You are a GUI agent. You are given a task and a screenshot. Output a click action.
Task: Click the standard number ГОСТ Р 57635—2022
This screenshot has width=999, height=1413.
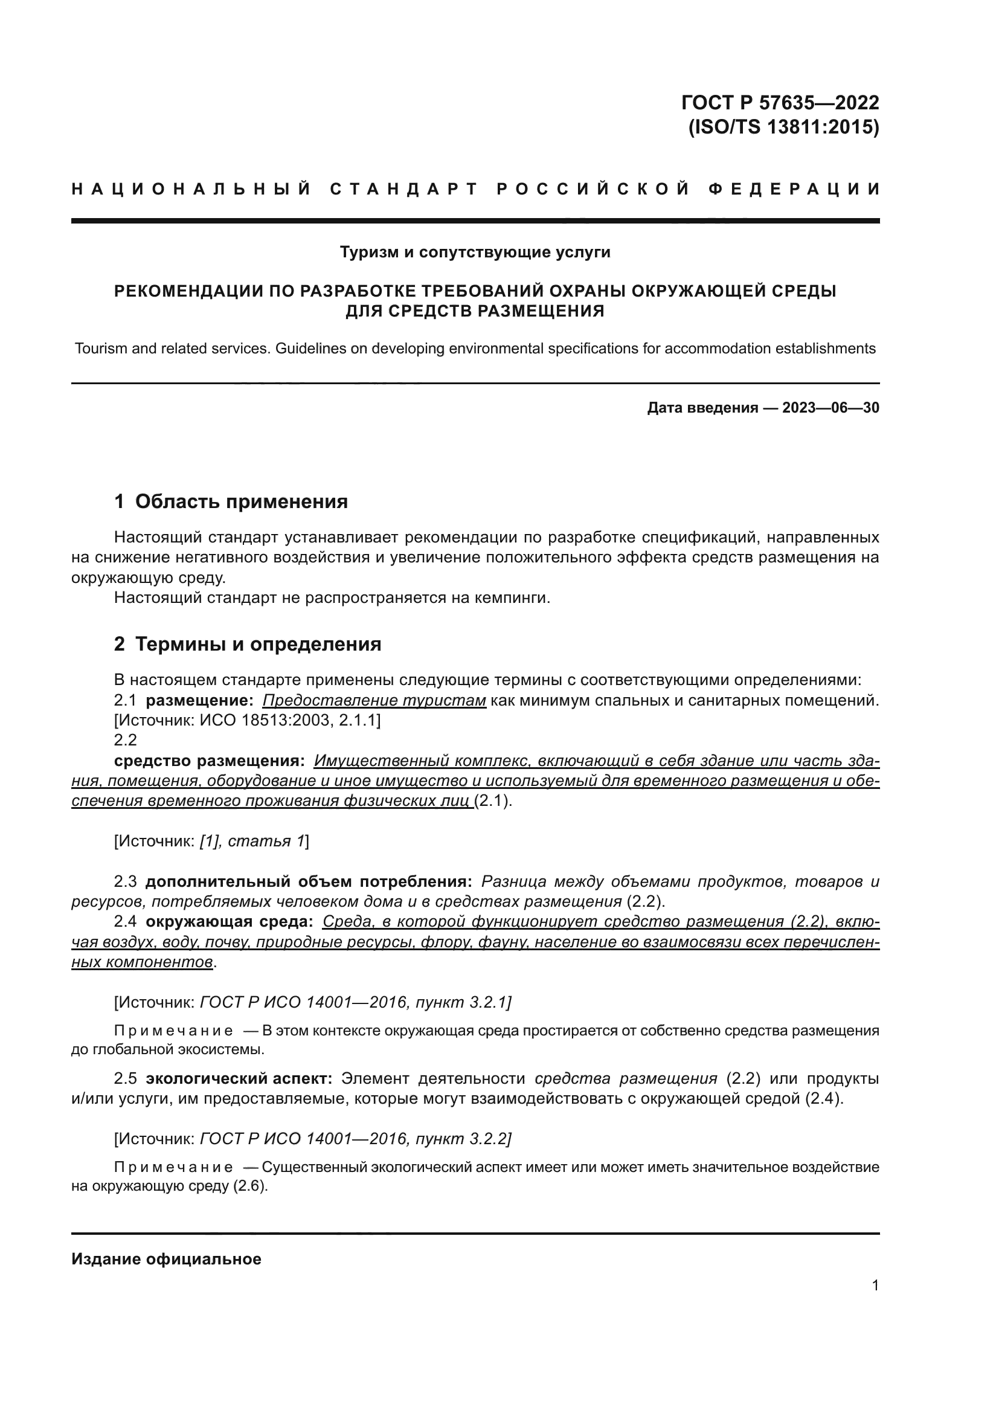pos(780,102)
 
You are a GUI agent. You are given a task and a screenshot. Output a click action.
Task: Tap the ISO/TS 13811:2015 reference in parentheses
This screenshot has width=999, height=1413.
pos(783,127)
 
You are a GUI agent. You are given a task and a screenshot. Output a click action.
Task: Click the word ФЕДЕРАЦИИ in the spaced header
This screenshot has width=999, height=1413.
pos(794,189)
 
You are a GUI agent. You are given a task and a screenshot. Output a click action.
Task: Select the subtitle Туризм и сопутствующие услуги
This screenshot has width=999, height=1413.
pos(475,253)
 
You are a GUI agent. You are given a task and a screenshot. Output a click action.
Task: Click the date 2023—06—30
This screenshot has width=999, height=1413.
pos(830,407)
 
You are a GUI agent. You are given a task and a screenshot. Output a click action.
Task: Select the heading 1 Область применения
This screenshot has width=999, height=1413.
pos(231,501)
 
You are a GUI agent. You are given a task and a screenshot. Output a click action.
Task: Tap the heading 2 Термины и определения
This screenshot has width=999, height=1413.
pos(247,645)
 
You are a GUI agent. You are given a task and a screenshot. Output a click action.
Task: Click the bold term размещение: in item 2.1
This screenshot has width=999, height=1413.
pos(199,700)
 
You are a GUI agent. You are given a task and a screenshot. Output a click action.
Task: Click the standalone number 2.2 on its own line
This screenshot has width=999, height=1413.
pos(125,740)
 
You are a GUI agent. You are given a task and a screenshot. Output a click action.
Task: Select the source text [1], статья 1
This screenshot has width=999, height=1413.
pos(252,842)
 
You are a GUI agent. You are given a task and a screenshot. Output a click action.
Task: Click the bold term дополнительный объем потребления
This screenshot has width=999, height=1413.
pos(308,882)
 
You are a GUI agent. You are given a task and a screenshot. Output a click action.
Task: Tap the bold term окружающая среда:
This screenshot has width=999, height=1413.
pos(229,921)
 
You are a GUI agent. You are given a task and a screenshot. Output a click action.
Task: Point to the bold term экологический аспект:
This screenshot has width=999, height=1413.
pos(239,1079)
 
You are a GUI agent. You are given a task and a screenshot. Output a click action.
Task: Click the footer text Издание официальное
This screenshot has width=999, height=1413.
pos(166,1259)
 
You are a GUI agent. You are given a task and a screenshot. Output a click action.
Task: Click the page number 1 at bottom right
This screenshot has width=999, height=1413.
pos(875,1285)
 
